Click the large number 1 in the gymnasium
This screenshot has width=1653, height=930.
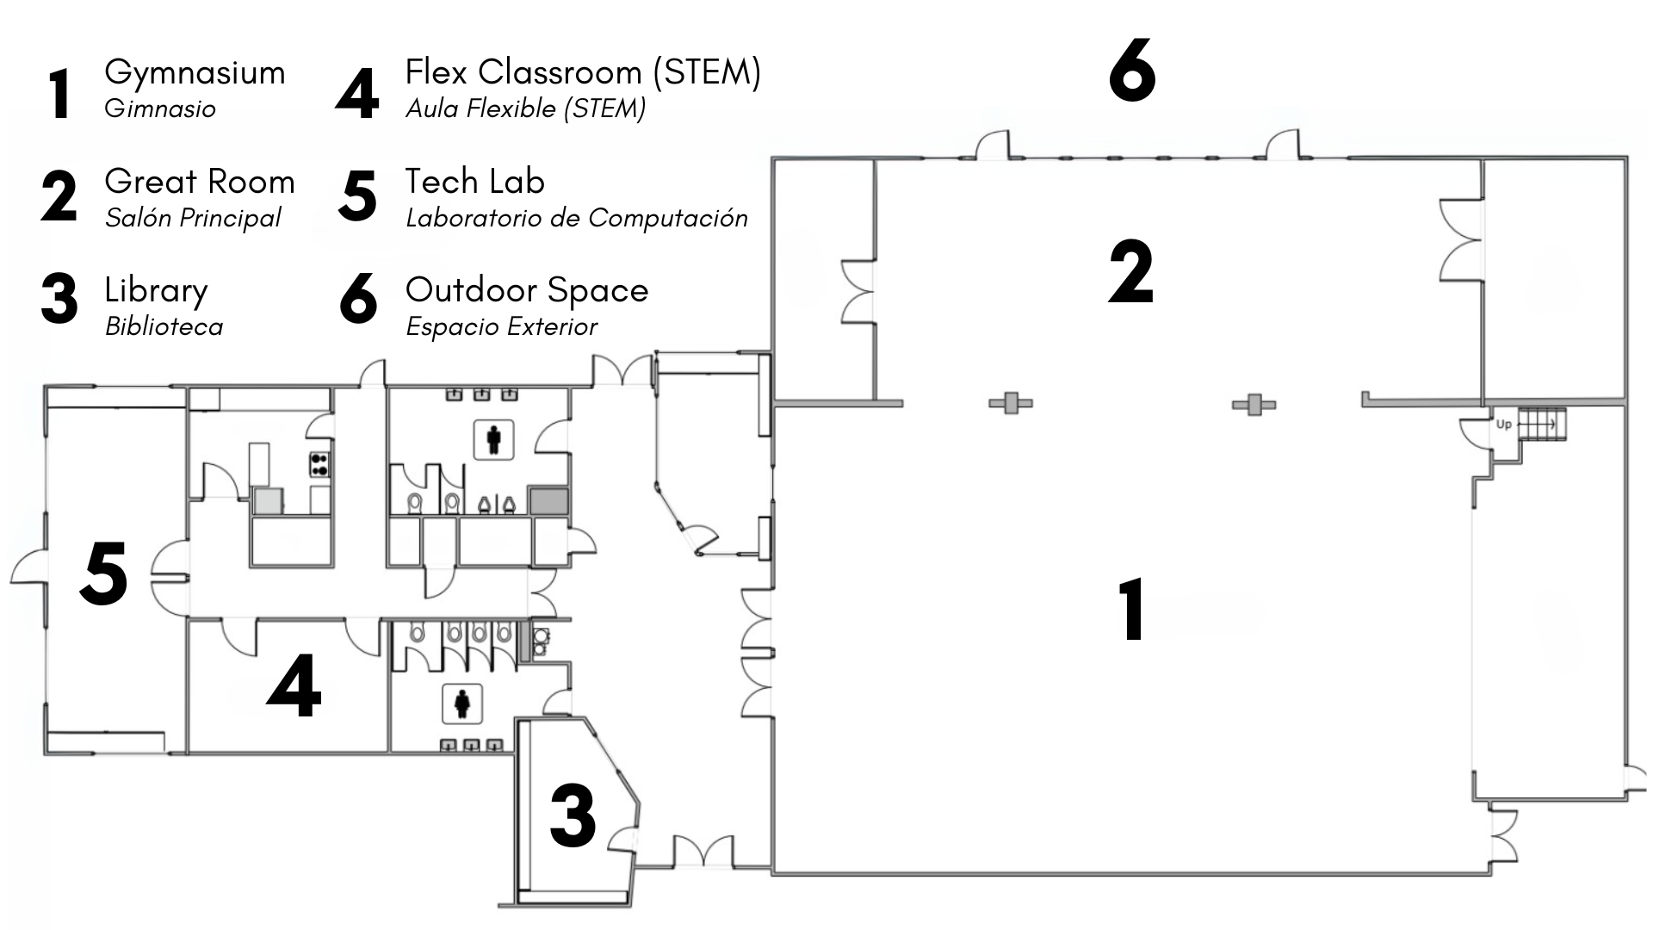pos(1131,610)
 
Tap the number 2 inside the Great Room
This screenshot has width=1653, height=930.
pos(1130,273)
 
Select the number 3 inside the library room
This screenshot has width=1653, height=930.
pos(573,815)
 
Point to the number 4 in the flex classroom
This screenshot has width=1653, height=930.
pos(294,686)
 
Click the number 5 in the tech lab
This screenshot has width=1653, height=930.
pos(104,573)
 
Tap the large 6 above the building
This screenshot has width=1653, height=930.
pos(1131,71)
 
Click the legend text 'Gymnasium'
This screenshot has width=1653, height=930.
pos(195,72)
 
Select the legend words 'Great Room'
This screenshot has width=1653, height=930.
pos(200,182)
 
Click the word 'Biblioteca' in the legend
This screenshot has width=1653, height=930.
pos(164,326)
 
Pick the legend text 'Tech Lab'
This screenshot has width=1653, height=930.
pos(475,182)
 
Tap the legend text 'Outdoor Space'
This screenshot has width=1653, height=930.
pos(527,290)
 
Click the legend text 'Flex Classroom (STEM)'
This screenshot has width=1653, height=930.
pos(583,72)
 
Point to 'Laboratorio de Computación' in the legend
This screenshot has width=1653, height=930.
pos(577,218)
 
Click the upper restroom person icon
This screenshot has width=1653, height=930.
pos(493,439)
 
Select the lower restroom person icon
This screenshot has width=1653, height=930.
pos(462,704)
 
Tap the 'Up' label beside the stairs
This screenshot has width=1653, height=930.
pos(1504,424)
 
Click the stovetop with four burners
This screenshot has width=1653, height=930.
pos(320,464)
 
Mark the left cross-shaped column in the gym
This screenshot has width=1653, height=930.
pos(1011,402)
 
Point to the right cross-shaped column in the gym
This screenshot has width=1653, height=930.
pos(1254,403)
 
